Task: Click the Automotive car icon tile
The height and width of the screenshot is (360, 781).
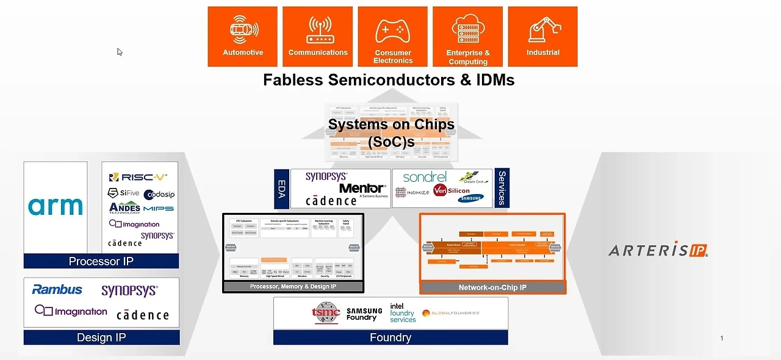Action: click(x=243, y=37)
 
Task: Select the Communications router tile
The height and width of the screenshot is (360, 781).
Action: click(x=318, y=37)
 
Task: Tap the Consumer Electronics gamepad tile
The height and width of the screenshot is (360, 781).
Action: click(x=393, y=37)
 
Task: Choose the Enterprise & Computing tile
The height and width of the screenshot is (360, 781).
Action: click(x=468, y=37)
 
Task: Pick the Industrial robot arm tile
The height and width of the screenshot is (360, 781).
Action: click(x=543, y=37)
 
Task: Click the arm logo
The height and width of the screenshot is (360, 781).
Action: click(x=56, y=206)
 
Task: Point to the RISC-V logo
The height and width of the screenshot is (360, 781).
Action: click(x=138, y=177)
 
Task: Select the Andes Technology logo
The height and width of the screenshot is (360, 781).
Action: click(x=124, y=208)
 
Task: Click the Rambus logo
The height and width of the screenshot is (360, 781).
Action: click(x=57, y=289)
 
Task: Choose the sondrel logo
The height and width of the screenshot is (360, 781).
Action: click(x=425, y=177)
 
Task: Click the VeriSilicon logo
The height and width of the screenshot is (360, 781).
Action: click(x=452, y=191)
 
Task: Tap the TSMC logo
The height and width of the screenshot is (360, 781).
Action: click(x=325, y=313)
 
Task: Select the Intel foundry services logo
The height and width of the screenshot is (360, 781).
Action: click(x=403, y=313)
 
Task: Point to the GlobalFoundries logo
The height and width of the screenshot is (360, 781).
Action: click(x=451, y=313)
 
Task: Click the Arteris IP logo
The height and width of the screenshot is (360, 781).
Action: click(x=658, y=250)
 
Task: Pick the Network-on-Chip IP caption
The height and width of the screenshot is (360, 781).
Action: click(x=492, y=287)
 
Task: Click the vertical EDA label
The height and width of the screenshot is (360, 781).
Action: click(x=281, y=189)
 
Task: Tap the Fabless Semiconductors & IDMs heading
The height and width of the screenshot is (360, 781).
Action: click(x=389, y=80)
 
